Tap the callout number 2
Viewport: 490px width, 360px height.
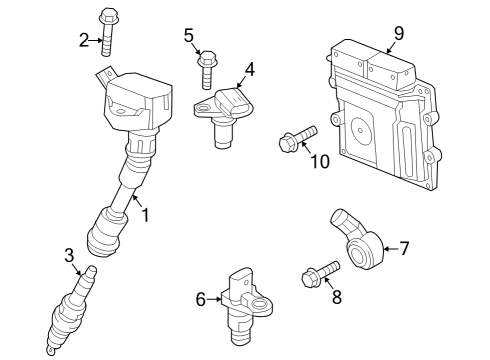click(x=84, y=39)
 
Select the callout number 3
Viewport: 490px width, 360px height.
click(x=69, y=255)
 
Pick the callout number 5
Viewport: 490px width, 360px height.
click(x=188, y=35)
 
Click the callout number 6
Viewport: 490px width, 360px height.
click(x=200, y=298)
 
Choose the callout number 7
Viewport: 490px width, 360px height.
click(x=404, y=247)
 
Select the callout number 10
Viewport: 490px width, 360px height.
click(x=319, y=162)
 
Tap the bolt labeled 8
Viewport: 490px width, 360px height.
click(x=320, y=273)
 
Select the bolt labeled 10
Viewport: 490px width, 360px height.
click(x=297, y=137)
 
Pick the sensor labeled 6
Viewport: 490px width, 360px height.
click(x=244, y=300)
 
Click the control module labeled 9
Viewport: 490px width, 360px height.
click(x=385, y=110)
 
